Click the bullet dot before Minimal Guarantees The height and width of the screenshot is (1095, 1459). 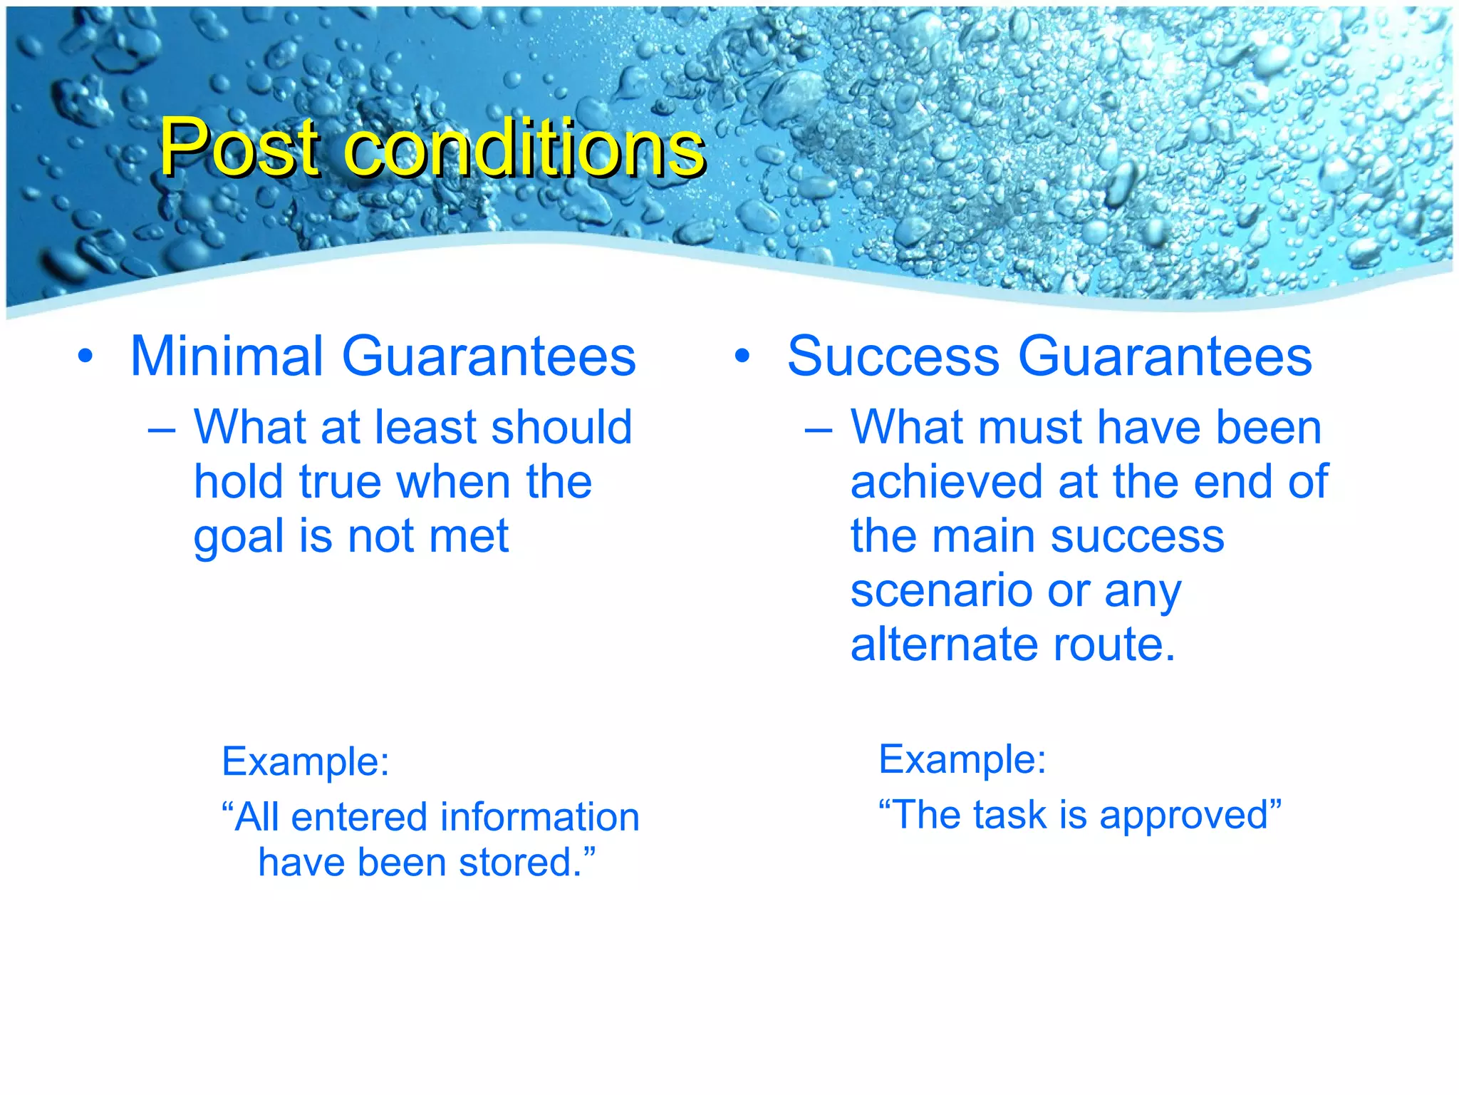coord(85,357)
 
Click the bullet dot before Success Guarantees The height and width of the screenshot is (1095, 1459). coord(742,357)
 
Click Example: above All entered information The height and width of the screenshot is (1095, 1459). coord(306,762)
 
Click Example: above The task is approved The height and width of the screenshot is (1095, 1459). coord(962,760)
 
